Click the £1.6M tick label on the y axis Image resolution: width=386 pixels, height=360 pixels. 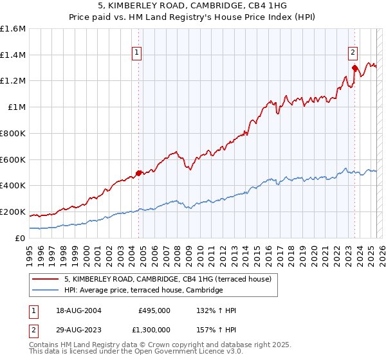pyautogui.click(x=13, y=29)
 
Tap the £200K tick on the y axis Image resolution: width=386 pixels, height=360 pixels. pyautogui.click(x=13, y=212)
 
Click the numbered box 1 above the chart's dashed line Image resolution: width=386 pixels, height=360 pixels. pyautogui.click(x=138, y=54)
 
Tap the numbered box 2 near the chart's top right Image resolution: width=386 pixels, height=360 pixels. pyautogui.click(x=353, y=54)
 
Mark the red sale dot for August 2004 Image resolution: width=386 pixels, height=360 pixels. pyautogui.click(x=138, y=173)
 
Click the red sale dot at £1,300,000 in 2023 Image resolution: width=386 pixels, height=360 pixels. pyautogui.click(x=354, y=67)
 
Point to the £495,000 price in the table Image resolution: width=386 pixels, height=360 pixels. pyautogui.click(x=154, y=310)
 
